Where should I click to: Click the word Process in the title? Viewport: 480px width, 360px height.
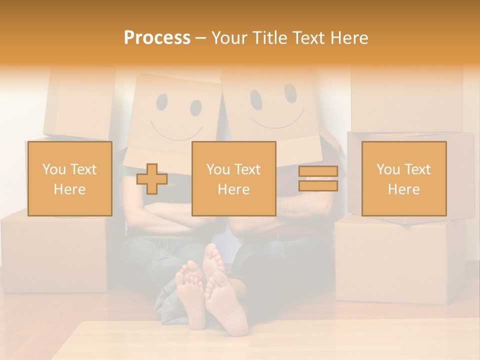157,38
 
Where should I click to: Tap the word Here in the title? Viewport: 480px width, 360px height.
347,38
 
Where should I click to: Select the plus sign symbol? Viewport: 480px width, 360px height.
152,179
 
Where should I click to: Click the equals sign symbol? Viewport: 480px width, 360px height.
318,178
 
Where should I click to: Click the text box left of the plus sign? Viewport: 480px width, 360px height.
69,178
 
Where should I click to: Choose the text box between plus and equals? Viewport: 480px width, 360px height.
233,178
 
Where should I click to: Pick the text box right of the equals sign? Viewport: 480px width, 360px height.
403,178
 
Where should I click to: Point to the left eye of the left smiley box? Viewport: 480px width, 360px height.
162,102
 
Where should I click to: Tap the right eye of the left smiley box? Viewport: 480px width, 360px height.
195,107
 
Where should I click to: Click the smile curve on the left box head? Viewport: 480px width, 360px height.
176,133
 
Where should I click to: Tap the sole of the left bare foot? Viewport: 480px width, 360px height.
190,295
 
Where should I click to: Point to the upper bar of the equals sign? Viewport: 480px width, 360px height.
318,171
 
